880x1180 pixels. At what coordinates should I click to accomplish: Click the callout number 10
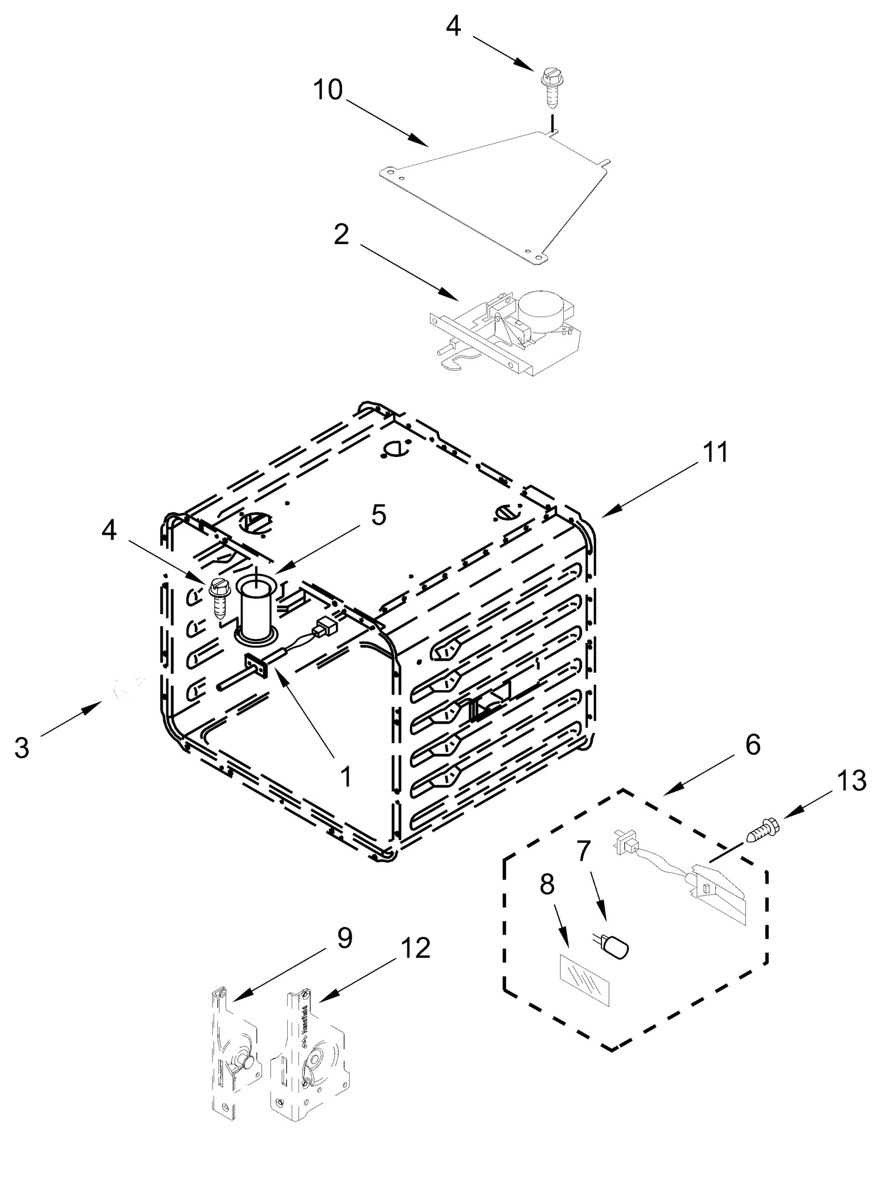pos(327,90)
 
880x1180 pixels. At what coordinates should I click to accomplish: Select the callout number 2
pos(341,235)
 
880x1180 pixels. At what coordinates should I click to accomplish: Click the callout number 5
pos(378,515)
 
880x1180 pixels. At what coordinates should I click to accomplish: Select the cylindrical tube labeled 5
pos(256,610)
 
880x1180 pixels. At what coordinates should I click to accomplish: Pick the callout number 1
pos(346,777)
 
